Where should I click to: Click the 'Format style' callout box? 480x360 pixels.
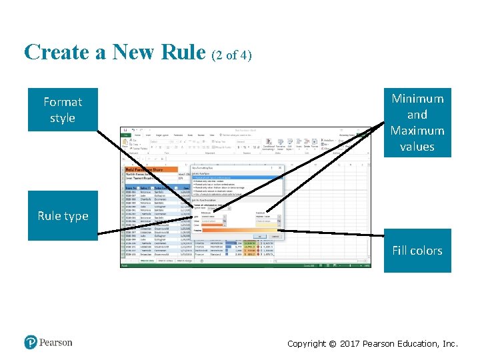[63, 110]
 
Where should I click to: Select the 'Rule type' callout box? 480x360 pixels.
[63, 215]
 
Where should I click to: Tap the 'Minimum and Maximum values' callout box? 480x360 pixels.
[417, 123]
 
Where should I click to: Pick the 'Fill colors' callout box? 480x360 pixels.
[417, 251]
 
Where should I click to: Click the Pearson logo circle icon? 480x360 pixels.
[31, 342]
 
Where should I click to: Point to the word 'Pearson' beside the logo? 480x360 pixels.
[55, 343]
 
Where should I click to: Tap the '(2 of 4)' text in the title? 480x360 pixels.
[231, 55]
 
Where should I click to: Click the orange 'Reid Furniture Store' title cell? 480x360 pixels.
[149, 170]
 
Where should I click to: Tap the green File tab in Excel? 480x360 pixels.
[124, 135]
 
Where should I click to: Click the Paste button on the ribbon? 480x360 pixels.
[125, 144]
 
